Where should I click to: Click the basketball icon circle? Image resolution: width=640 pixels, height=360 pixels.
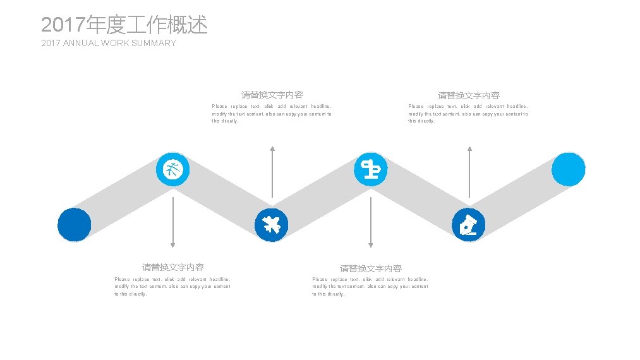(x=172, y=169)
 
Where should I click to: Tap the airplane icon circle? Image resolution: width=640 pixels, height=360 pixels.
(x=272, y=224)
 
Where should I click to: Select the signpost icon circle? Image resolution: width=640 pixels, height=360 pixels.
(x=370, y=169)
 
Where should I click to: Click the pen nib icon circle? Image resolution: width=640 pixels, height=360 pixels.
(x=469, y=224)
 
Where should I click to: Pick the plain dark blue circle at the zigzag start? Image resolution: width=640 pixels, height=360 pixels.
(x=75, y=224)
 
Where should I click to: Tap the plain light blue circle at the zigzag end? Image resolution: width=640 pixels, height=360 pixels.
(x=568, y=169)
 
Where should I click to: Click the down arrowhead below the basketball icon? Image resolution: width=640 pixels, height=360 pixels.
(x=172, y=244)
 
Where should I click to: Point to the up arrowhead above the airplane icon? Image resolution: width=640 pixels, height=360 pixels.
(x=272, y=149)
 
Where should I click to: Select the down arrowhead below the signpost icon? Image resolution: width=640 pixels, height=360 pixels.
(x=370, y=244)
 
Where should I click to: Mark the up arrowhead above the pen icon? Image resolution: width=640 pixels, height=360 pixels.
(x=469, y=149)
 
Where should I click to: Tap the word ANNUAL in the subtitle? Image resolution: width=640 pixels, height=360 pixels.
(x=84, y=43)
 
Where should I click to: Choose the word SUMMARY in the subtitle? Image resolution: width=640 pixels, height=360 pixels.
(x=154, y=43)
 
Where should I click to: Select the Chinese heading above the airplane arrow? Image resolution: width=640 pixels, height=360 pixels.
(x=272, y=95)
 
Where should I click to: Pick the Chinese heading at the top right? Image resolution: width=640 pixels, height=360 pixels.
(x=469, y=95)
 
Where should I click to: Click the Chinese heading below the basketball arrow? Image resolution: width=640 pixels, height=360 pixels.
(x=172, y=267)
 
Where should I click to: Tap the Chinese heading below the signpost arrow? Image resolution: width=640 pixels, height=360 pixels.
(x=370, y=268)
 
